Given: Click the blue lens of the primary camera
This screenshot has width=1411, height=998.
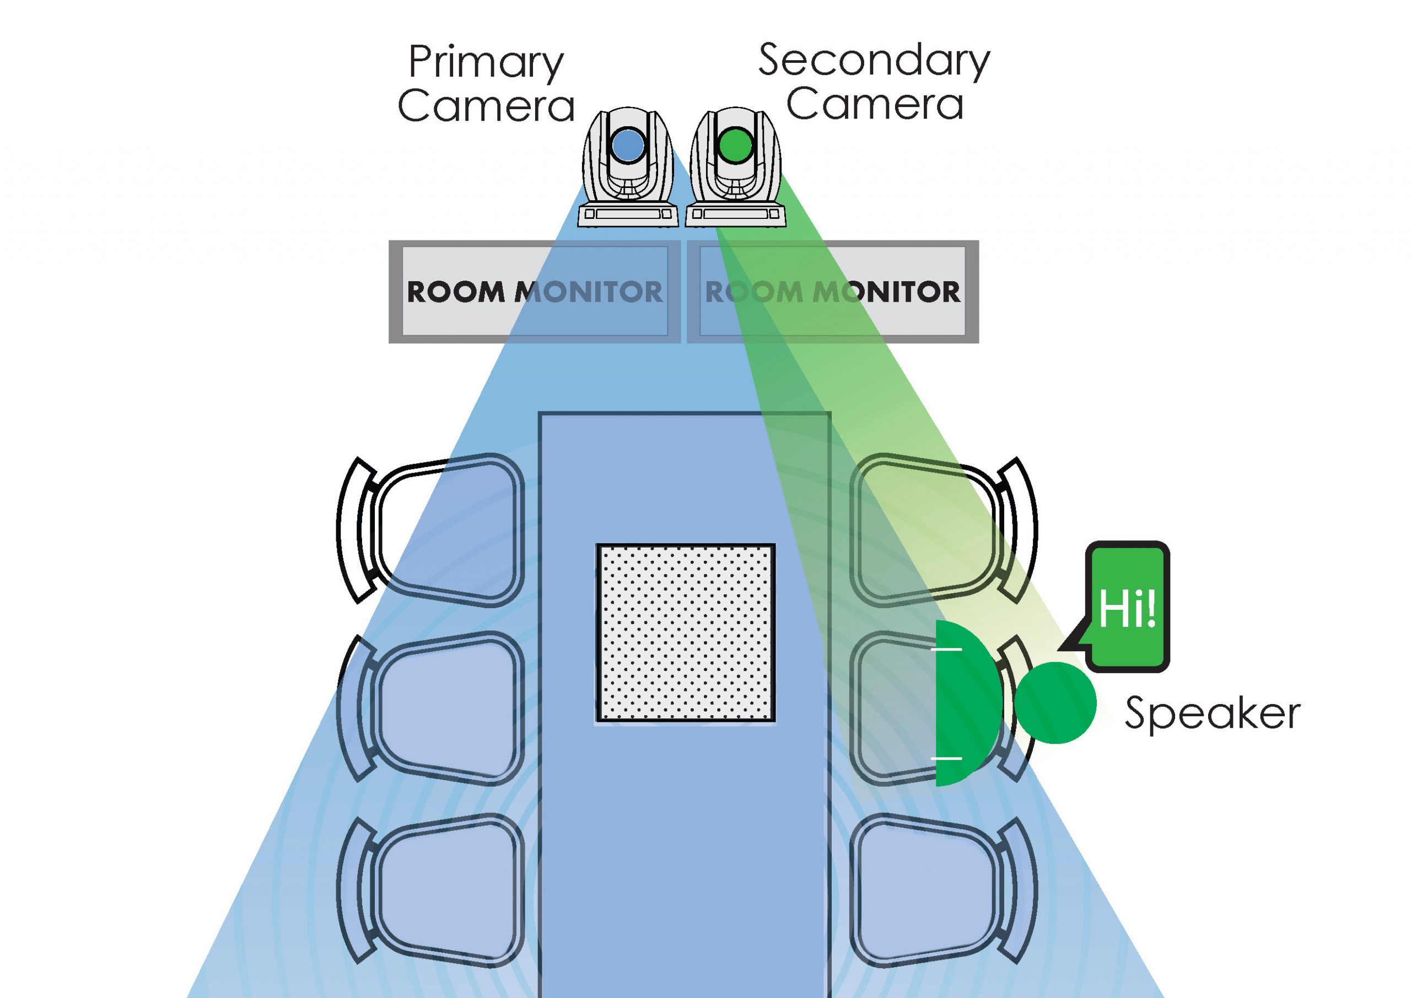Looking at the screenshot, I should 627,146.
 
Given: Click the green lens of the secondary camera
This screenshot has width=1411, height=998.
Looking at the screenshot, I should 736,146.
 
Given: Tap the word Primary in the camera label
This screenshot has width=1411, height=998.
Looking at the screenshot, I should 486,63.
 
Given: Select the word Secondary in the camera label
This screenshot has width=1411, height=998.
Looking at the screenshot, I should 874,61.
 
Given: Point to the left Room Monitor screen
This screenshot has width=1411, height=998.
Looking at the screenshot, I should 535,292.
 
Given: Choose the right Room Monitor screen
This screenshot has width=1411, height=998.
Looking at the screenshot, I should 832,292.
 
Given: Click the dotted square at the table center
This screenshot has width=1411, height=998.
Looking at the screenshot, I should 685,632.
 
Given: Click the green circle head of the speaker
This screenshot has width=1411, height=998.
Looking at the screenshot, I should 1054,702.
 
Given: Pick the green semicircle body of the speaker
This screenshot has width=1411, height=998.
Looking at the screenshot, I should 965,703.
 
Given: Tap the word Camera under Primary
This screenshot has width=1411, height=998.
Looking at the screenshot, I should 486,106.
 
